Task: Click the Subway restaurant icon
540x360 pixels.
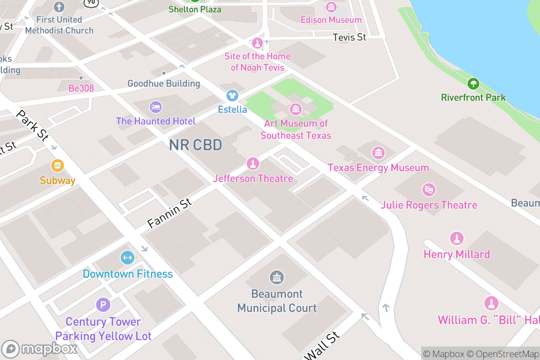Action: point(57,166)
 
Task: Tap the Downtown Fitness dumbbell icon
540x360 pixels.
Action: point(127,258)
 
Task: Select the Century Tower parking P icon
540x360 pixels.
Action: point(103,305)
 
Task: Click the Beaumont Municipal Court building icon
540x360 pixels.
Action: point(277,278)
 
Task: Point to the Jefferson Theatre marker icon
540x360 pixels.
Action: point(253,164)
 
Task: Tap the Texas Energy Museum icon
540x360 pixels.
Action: point(378,153)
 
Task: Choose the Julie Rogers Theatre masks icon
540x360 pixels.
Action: point(429,190)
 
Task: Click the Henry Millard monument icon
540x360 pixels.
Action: point(457,239)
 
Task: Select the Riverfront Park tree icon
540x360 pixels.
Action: point(473,83)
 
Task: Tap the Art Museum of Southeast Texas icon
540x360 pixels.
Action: point(296,108)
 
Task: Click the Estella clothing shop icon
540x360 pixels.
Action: point(232,95)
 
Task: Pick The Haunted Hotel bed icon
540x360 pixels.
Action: point(156,107)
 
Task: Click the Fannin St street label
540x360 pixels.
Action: point(169,213)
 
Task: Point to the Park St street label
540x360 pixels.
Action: point(31,126)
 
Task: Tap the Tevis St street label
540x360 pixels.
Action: point(349,37)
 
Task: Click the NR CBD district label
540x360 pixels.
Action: point(195,145)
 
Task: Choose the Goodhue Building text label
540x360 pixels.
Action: point(164,84)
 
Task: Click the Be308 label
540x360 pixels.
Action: point(81,88)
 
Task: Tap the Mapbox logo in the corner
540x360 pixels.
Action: point(40,349)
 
